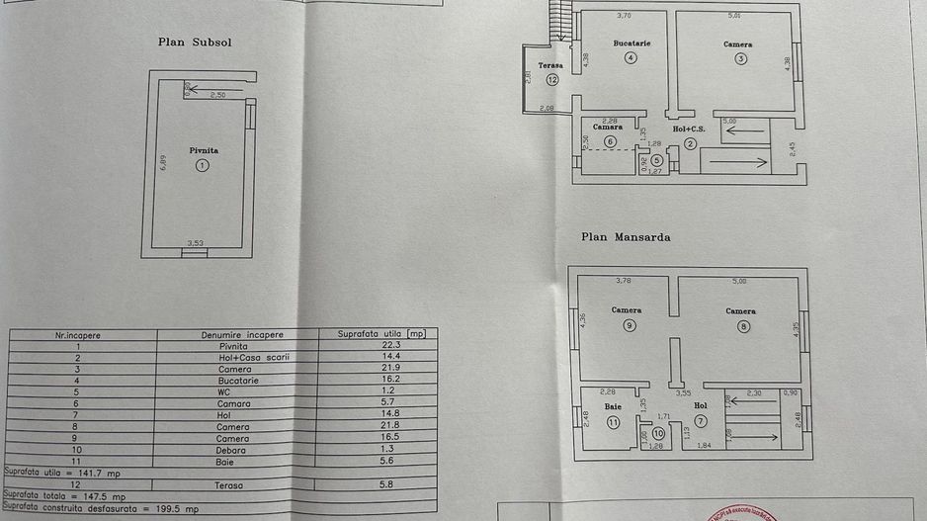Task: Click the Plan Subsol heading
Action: coord(195,42)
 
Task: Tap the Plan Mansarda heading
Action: coord(628,237)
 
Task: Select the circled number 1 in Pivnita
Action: coord(203,166)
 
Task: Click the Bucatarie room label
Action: coord(631,43)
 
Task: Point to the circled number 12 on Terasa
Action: coord(551,79)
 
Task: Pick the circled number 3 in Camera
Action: coord(740,58)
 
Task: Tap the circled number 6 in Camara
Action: coord(609,141)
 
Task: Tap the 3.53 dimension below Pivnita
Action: coord(195,242)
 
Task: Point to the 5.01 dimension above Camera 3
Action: coord(734,16)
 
